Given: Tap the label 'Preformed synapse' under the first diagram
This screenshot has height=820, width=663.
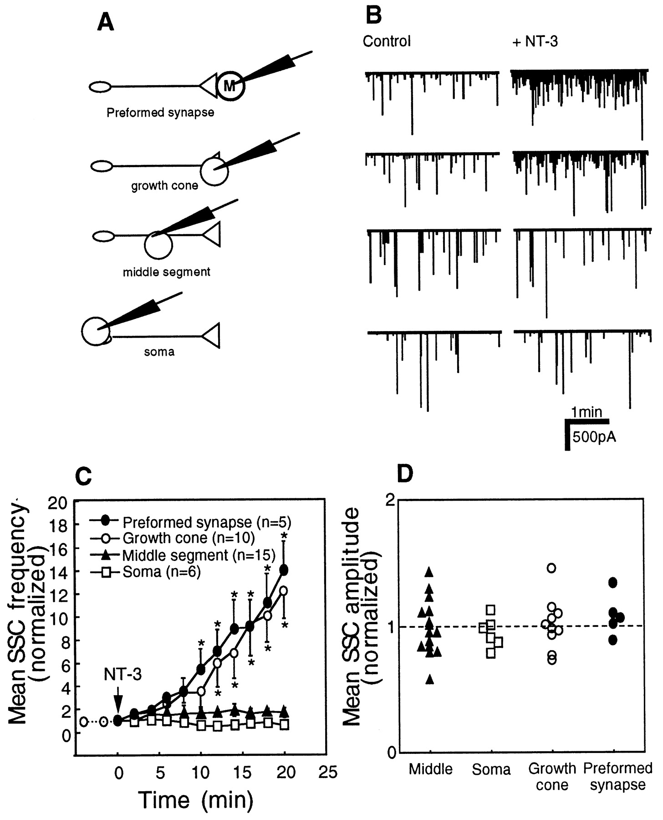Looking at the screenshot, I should tap(160, 113).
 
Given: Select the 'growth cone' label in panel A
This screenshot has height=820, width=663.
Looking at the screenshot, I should tap(164, 186).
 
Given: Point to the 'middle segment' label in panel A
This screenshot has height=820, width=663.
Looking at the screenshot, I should tap(167, 272).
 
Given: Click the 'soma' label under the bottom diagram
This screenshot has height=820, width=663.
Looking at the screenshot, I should tap(159, 352).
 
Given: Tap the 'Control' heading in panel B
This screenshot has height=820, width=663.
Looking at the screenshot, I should tap(387, 41).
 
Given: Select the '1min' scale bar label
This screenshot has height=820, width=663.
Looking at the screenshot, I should tap(587, 412).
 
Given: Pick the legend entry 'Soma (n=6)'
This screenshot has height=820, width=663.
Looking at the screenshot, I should tap(162, 572).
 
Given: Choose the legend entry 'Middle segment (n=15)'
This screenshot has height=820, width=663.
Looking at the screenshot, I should tap(199, 555).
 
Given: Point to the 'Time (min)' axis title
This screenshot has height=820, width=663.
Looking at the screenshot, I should tap(195, 799).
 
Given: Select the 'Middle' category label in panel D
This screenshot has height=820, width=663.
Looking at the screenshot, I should tap(430, 769).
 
